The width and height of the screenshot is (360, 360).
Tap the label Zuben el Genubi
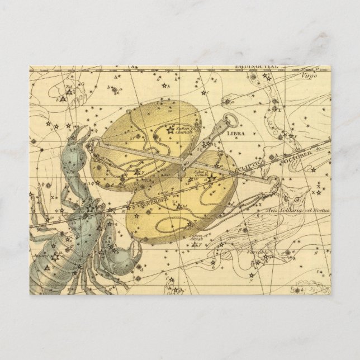pyautogui.click(x=202, y=174)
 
